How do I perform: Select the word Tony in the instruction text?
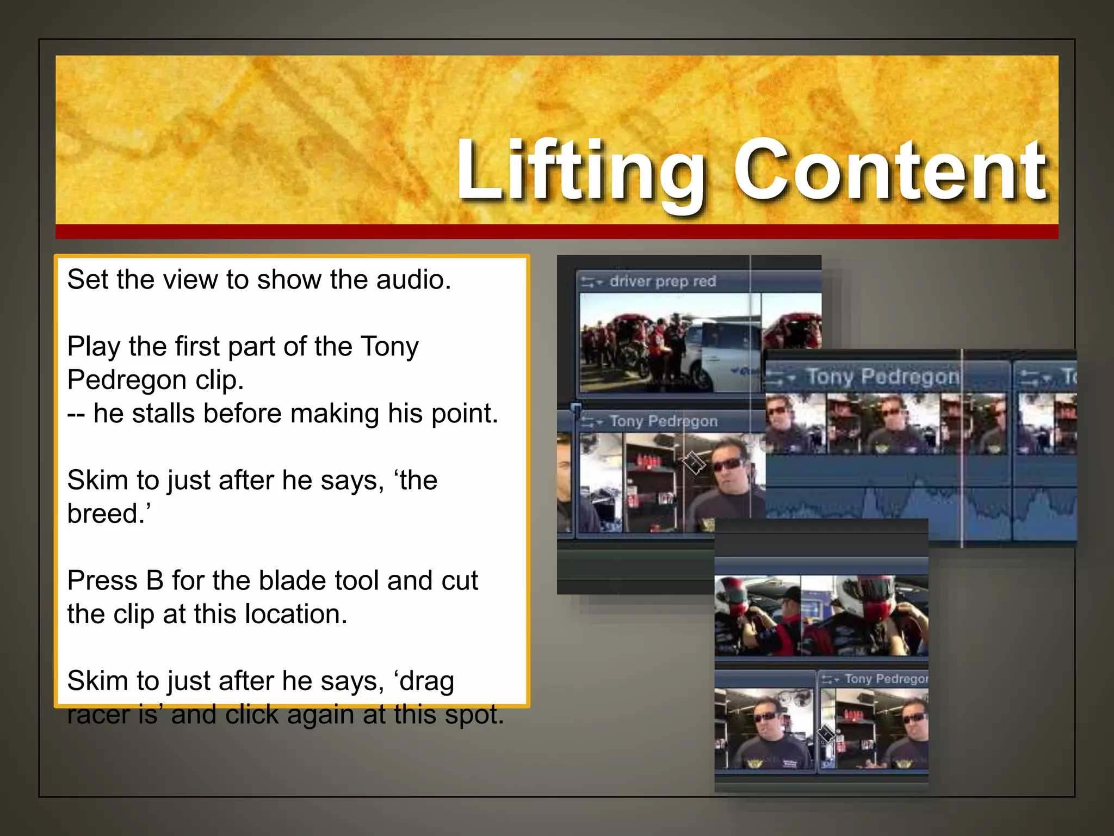pyautogui.click(x=389, y=347)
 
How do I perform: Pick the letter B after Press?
pyautogui.click(x=154, y=581)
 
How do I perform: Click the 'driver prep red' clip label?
pyautogui.click(x=662, y=281)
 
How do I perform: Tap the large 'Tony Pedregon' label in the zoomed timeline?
pyautogui.click(x=882, y=376)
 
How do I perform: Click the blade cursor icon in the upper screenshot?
pyautogui.click(x=694, y=463)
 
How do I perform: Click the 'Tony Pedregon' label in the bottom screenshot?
pyautogui.click(x=886, y=679)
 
